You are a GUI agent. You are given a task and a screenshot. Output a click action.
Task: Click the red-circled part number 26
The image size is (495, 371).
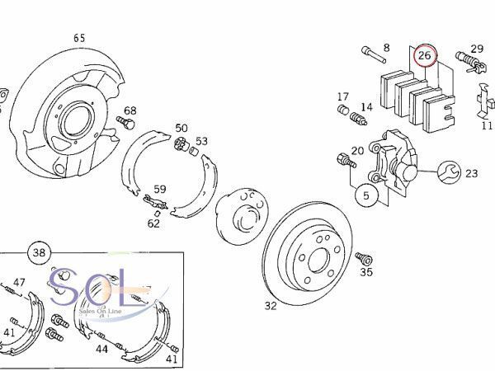(x=425, y=55)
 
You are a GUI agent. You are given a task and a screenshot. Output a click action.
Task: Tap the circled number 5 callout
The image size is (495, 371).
(x=366, y=195)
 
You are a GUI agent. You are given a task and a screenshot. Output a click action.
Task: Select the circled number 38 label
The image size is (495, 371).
(x=39, y=253)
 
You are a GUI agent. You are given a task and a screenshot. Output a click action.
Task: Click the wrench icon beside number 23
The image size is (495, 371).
(x=448, y=172)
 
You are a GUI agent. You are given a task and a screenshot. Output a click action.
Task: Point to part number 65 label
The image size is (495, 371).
(x=79, y=38)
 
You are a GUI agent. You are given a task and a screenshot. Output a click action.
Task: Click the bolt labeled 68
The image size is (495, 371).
(x=125, y=122)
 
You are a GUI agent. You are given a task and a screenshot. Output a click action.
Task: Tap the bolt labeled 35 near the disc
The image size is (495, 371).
(x=364, y=258)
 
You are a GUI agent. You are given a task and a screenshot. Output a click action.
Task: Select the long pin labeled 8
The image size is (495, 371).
(x=374, y=55)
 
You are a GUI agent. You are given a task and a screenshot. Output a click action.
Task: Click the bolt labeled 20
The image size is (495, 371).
(x=346, y=160)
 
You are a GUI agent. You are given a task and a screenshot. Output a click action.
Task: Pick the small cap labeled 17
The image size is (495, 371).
(x=343, y=110)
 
